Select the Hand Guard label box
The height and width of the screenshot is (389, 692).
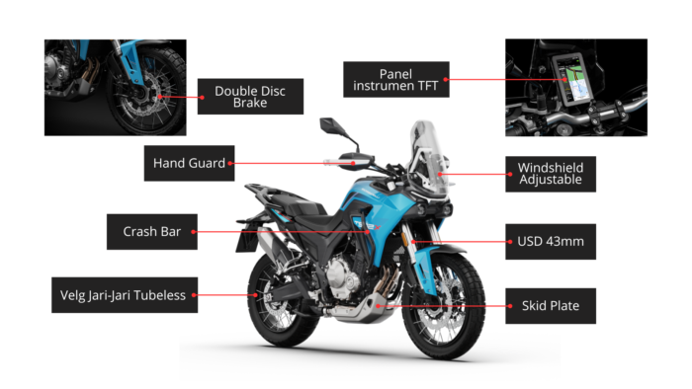click(x=190, y=161)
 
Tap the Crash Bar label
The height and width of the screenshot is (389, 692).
click(x=150, y=233)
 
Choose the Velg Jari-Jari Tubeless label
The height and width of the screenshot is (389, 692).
click(x=125, y=294)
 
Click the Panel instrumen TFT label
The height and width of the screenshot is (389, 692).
click(x=394, y=78)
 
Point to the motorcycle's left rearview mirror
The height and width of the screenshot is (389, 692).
click(x=330, y=126)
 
